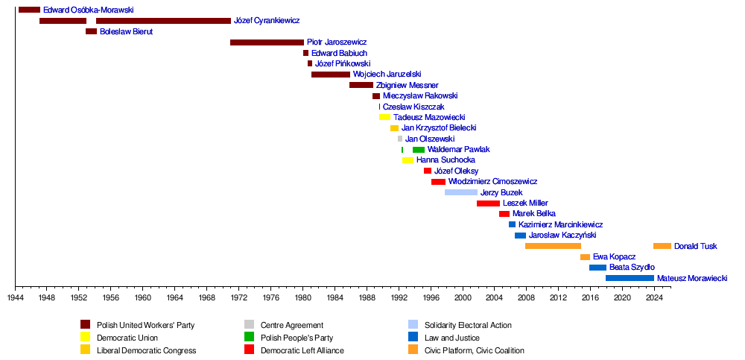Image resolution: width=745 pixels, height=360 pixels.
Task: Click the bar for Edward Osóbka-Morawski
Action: pos(29,10)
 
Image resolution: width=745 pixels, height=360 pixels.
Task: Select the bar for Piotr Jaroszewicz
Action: pos(267,42)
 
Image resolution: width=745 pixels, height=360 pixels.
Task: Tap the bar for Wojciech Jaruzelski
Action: pos(330,75)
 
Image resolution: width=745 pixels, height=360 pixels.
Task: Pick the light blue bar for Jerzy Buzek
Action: pos(460,192)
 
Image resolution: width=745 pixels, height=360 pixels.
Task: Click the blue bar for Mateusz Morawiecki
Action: pos(630,278)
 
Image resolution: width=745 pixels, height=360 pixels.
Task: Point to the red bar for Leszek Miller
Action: pos(488,203)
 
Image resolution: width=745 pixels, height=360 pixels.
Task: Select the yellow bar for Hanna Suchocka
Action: pos(408,160)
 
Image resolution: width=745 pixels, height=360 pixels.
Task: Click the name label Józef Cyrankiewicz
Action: pos(267,21)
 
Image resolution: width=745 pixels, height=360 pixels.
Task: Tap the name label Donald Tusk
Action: pos(696,246)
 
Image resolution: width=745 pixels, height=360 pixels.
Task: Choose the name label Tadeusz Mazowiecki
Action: pos(429,118)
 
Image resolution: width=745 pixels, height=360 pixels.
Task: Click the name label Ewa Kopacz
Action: pos(614,257)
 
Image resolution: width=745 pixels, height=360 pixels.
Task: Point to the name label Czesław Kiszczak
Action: pos(413,107)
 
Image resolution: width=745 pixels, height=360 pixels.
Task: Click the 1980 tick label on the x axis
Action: pos(302,297)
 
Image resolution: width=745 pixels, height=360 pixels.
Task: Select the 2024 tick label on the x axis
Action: pos(654,297)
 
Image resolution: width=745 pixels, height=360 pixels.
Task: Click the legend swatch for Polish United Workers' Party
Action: pos(85,325)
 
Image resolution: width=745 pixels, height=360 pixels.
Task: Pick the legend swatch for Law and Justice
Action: pos(413,338)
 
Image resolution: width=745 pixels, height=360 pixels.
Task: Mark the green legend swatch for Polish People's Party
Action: pos(249,338)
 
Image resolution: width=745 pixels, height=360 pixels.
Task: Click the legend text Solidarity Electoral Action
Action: pos(468,325)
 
